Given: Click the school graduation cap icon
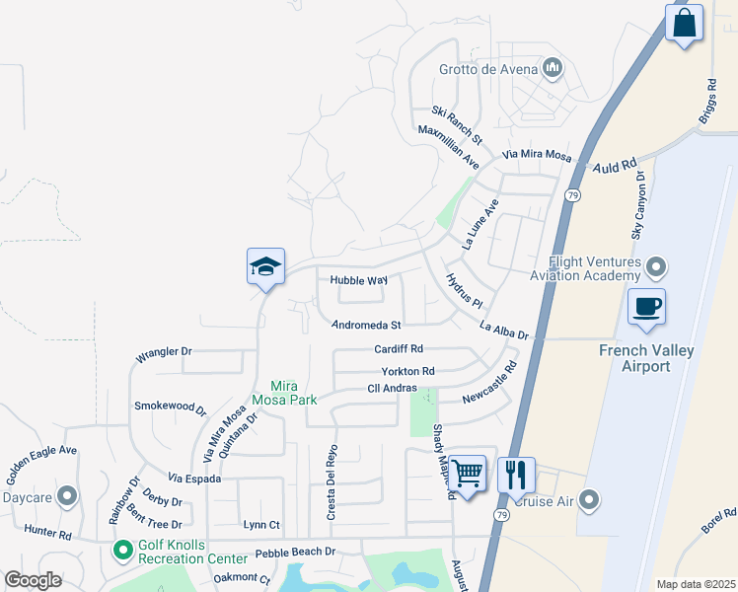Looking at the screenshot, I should [265, 266].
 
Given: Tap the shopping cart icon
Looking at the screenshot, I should [467, 475].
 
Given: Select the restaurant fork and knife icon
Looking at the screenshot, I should [516, 475].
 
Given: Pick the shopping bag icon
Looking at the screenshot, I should [684, 22].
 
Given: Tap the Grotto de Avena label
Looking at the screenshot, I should [488, 68].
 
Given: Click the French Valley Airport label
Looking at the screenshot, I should [646, 358].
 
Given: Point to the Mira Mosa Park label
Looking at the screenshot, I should [295, 393].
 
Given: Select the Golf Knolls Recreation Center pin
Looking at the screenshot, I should [123, 549].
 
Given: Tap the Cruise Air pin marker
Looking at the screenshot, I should [590, 500].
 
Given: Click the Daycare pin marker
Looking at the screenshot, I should [67, 495].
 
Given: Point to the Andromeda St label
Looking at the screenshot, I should [367, 325].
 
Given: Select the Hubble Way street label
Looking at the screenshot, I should [358, 280].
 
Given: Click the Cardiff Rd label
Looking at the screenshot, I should [399, 348].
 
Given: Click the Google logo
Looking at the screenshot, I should [34, 579].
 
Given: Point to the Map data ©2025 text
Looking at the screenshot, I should [696, 584].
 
